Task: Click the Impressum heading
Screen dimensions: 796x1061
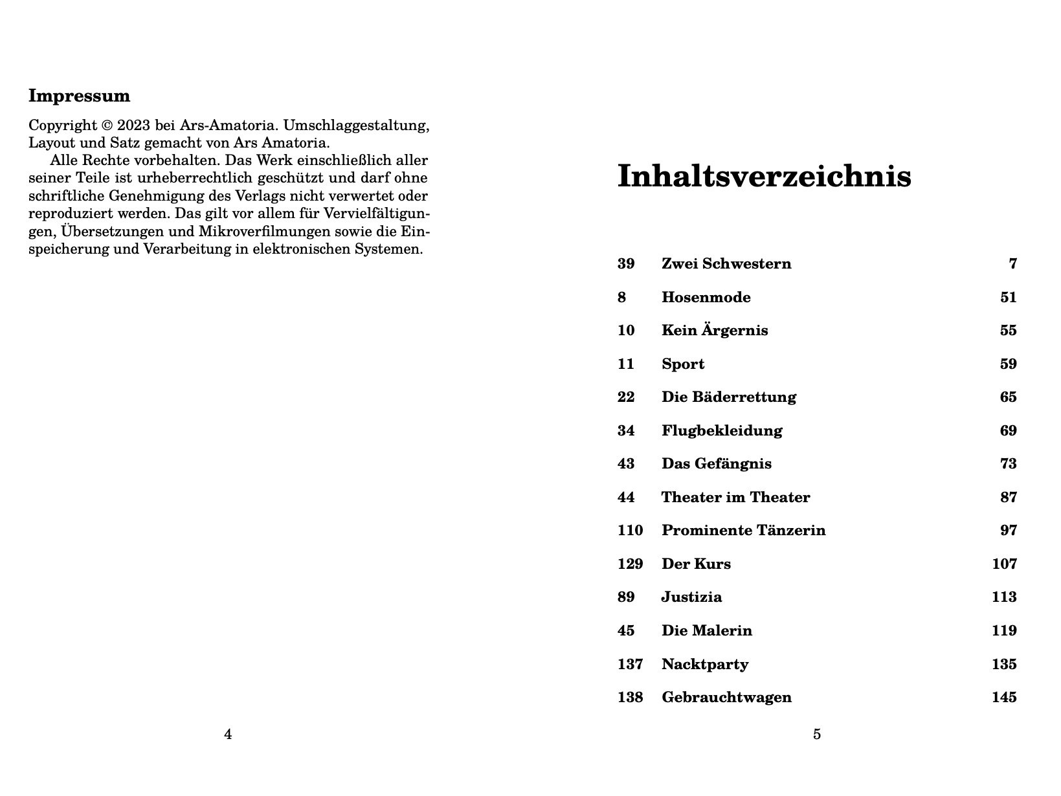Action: click(x=79, y=96)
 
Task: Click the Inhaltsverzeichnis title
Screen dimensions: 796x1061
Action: click(x=764, y=177)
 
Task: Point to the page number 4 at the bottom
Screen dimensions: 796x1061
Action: click(x=228, y=735)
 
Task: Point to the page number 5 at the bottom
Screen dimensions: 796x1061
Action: click(x=817, y=735)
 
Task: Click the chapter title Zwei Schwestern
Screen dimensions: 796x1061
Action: click(x=726, y=264)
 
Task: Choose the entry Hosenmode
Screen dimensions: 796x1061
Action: click(x=706, y=298)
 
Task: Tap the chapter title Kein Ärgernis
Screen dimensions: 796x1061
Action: click(x=714, y=331)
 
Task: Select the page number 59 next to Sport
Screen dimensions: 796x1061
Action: click(x=1008, y=364)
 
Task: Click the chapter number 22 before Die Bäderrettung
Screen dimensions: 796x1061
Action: click(x=625, y=397)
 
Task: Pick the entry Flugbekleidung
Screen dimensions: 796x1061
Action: click(x=721, y=431)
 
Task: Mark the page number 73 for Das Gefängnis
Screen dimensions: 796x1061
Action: click(x=1008, y=464)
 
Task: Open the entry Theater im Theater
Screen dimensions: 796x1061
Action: click(x=735, y=498)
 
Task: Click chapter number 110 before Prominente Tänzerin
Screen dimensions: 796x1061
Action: click(x=630, y=531)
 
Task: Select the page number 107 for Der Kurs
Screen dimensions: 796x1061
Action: click(x=1004, y=564)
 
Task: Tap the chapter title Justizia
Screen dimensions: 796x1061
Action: click(x=691, y=597)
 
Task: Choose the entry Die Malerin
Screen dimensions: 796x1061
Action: click(x=706, y=631)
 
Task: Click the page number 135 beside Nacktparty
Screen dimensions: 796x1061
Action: click(x=1004, y=665)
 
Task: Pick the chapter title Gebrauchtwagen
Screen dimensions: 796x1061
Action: click(x=726, y=698)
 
